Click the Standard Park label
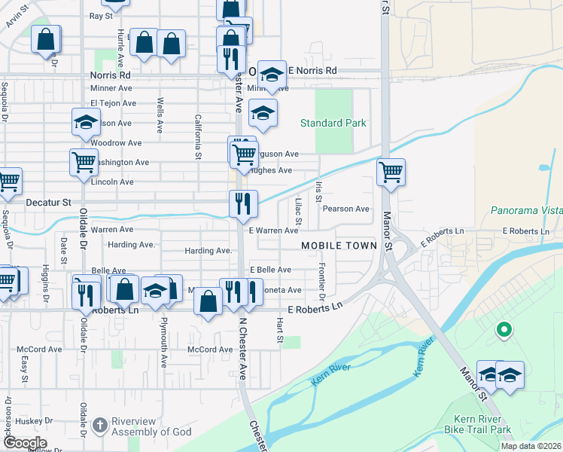click(333, 123)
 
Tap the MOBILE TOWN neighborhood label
click(339, 246)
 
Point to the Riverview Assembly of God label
click(151, 426)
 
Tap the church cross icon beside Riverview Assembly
click(99, 426)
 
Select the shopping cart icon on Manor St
click(391, 172)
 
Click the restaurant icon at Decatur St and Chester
click(243, 203)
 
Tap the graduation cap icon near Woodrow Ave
click(86, 121)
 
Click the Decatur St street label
click(47, 203)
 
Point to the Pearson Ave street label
click(346, 209)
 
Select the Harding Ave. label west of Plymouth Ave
click(131, 245)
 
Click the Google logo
click(24, 443)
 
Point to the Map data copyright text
click(531, 446)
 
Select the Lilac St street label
click(298, 210)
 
